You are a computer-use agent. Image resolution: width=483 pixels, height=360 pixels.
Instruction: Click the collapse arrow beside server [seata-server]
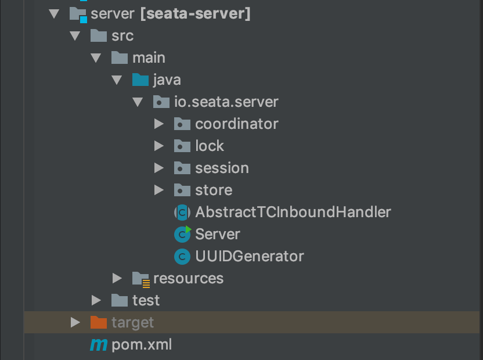[54, 14]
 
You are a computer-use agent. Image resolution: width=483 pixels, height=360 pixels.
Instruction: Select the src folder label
[122, 36]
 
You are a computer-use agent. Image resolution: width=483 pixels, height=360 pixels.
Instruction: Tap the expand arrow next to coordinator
[159, 124]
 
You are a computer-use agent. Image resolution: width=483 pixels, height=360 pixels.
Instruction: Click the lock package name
[210, 146]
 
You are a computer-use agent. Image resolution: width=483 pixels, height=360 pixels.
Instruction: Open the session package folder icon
[182, 168]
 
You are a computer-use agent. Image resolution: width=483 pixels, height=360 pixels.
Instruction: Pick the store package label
[214, 190]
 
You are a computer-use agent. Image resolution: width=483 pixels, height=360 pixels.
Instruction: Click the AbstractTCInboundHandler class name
[293, 212]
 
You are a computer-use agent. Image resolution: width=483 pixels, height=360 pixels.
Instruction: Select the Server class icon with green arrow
[182, 234]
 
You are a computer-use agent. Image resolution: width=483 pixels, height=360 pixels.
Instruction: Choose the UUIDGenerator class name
[250, 257]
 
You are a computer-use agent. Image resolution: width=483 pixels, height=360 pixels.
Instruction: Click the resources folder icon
[141, 279]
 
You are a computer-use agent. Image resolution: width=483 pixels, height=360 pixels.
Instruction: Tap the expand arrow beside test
[96, 301]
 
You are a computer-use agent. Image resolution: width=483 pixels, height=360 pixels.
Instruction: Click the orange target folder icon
[99, 322]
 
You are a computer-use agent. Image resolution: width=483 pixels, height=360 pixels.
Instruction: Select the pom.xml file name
[142, 344]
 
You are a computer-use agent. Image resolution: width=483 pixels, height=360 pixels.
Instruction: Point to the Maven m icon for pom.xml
[99, 345]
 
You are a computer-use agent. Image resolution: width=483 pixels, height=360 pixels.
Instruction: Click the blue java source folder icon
[140, 80]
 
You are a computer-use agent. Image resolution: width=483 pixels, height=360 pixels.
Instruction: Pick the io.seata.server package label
[226, 102]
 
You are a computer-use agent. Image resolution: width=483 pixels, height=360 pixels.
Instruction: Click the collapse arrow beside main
[96, 58]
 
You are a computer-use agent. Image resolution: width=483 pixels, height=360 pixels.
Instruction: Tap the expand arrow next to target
[75, 322]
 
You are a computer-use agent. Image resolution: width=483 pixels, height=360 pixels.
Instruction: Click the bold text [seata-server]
[195, 14]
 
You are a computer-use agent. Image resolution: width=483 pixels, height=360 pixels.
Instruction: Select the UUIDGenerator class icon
[182, 257]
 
